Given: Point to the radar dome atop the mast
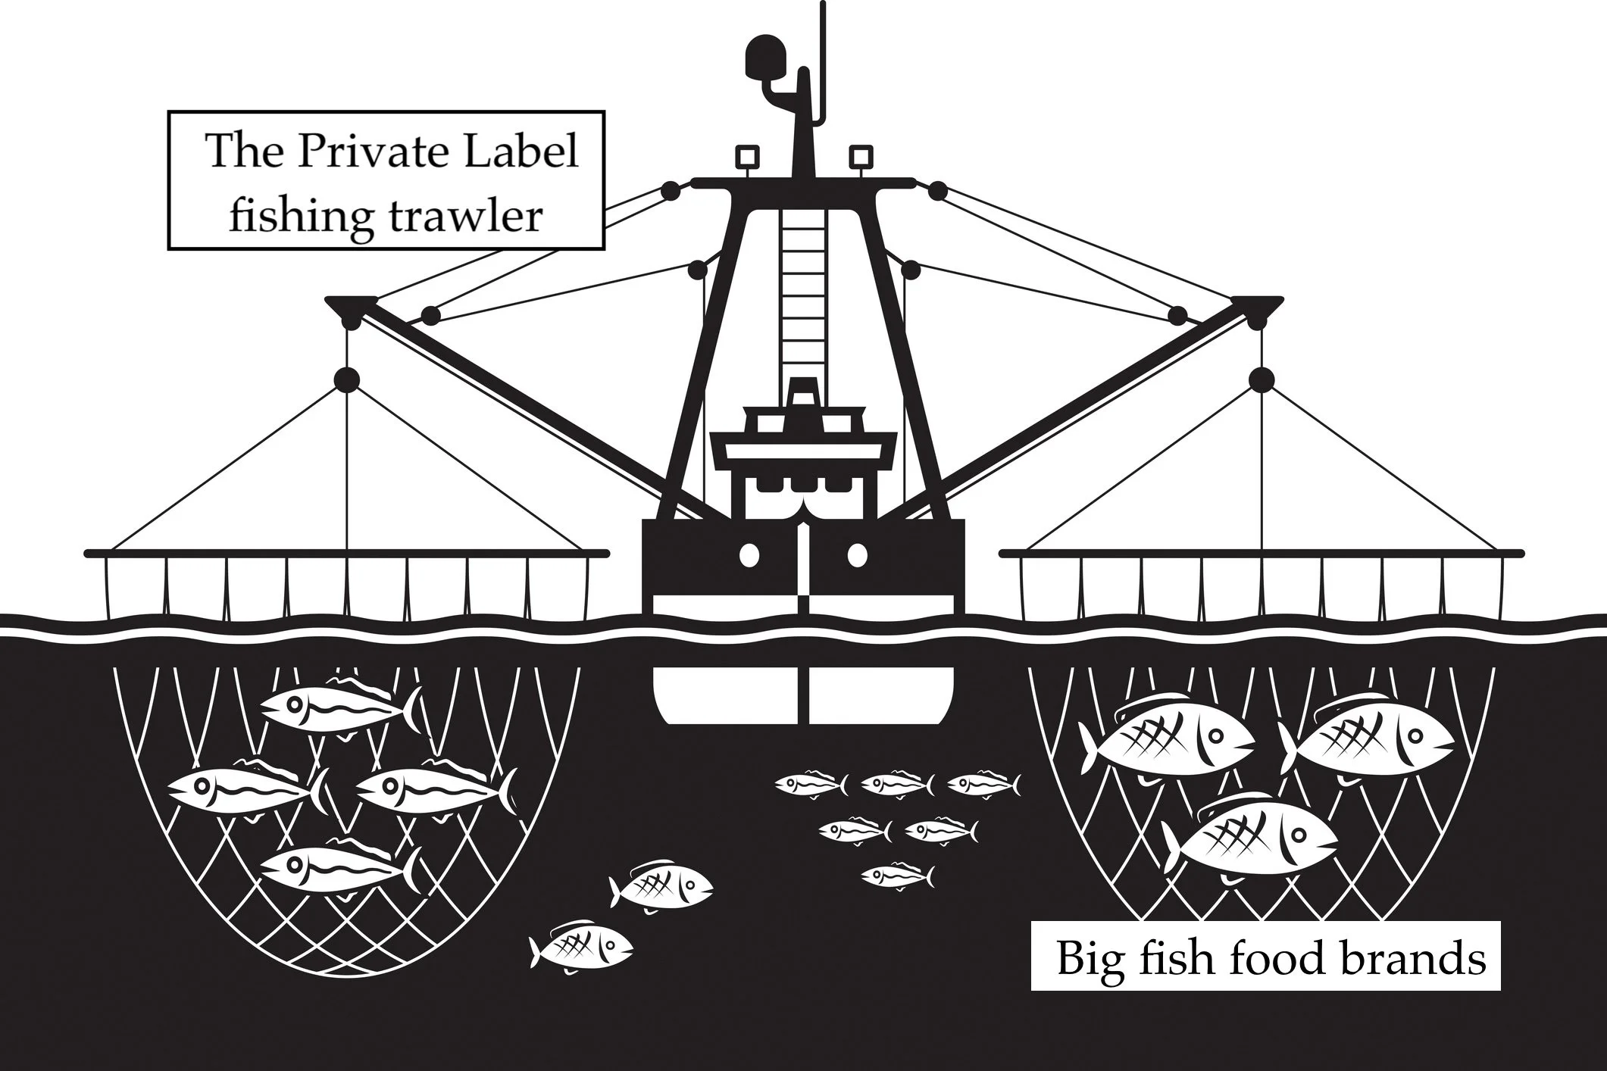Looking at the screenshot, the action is (x=765, y=58).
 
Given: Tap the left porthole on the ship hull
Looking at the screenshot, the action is (x=749, y=554).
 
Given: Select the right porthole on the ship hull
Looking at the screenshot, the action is (x=857, y=554).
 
